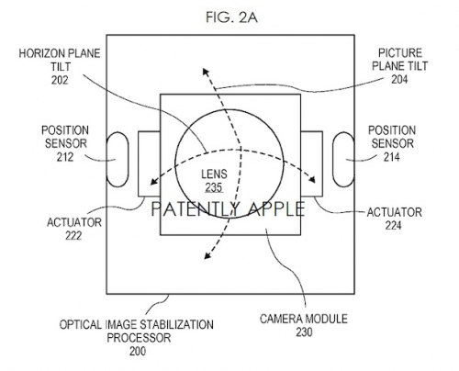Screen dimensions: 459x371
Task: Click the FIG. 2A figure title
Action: tap(231, 17)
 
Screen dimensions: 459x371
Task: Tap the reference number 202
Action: tap(60, 80)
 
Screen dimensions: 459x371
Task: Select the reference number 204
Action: tap(399, 80)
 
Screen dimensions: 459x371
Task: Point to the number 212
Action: tap(65, 157)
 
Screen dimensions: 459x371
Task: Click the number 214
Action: tap(392, 157)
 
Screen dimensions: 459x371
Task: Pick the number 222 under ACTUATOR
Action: tap(73, 235)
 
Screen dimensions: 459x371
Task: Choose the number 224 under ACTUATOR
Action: tap(394, 226)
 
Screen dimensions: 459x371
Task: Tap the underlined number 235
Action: tap(214, 187)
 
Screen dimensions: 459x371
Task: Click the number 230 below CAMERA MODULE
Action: tap(304, 332)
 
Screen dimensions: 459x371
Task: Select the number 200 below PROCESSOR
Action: tap(138, 351)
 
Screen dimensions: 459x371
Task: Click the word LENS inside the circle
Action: tap(214, 174)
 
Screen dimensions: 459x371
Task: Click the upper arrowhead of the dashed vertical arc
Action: tap(205, 72)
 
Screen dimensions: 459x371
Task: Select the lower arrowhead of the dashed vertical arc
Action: tap(207, 255)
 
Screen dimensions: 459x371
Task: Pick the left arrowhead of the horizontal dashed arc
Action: tap(154, 182)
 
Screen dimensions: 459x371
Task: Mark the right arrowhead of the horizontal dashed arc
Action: tap(311, 179)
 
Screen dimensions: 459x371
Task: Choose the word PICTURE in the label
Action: tap(400, 53)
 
